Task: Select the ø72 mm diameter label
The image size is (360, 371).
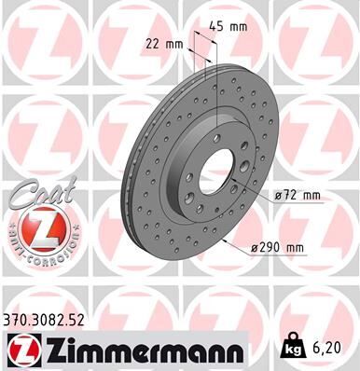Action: tap(297, 195)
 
